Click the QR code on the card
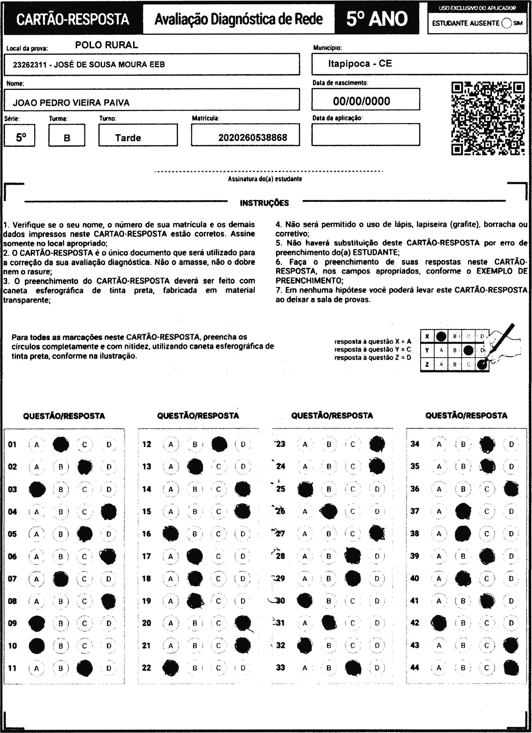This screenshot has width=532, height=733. click(488, 119)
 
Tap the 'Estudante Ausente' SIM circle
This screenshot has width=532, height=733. click(507, 23)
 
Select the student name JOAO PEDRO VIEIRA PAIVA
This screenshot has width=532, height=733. click(71, 103)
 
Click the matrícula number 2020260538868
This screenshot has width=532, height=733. click(253, 138)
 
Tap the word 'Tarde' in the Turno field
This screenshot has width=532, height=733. click(128, 138)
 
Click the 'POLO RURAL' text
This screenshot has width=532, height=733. click(107, 45)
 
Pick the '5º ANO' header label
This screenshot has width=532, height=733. click(377, 19)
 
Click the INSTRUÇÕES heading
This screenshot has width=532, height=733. click(264, 203)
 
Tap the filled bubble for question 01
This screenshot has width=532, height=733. click(61, 444)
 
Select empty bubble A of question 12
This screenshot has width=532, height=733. click(171, 444)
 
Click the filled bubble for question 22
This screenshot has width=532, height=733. click(171, 668)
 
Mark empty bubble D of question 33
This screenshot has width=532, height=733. click(377, 668)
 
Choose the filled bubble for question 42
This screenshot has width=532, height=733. click(439, 623)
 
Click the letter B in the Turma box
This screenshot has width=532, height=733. click(67, 138)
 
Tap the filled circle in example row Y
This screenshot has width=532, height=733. click(468, 350)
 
